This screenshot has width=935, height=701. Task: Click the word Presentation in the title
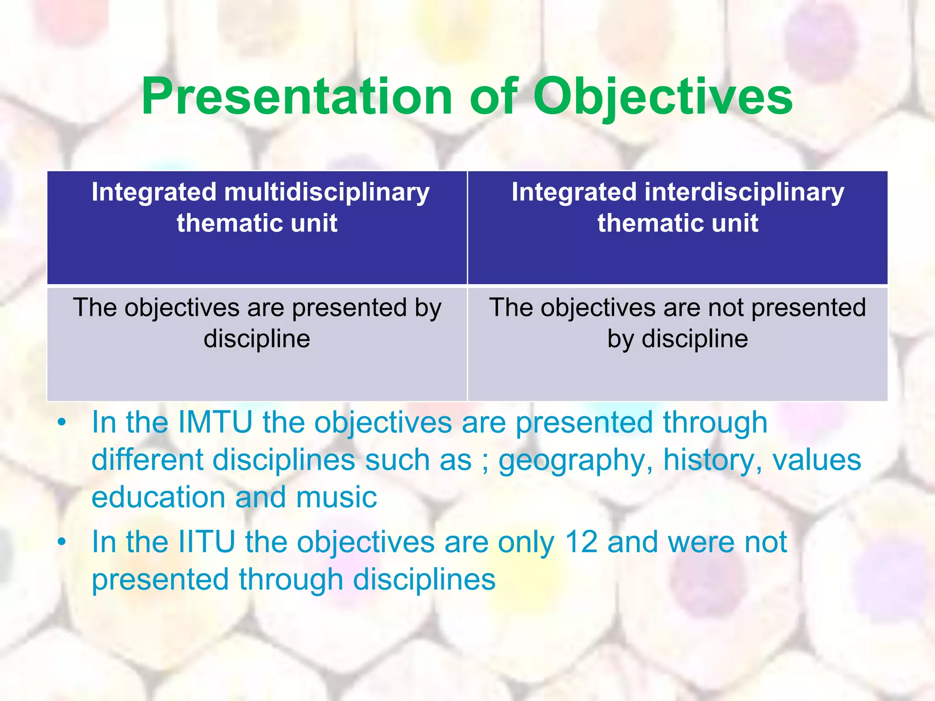(x=297, y=97)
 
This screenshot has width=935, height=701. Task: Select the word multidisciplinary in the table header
(x=326, y=192)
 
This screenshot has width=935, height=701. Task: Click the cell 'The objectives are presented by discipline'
(x=257, y=323)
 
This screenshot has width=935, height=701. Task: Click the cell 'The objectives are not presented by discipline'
(x=678, y=323)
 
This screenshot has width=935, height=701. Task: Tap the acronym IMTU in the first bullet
(x=215, y=422)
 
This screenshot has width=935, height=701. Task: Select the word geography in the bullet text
(x=574, y=460)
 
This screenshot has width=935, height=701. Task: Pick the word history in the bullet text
(x=711, y=460)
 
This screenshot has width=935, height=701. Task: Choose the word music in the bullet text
(x=336, y=497)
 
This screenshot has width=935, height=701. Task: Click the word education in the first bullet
(x=158, y=497)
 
